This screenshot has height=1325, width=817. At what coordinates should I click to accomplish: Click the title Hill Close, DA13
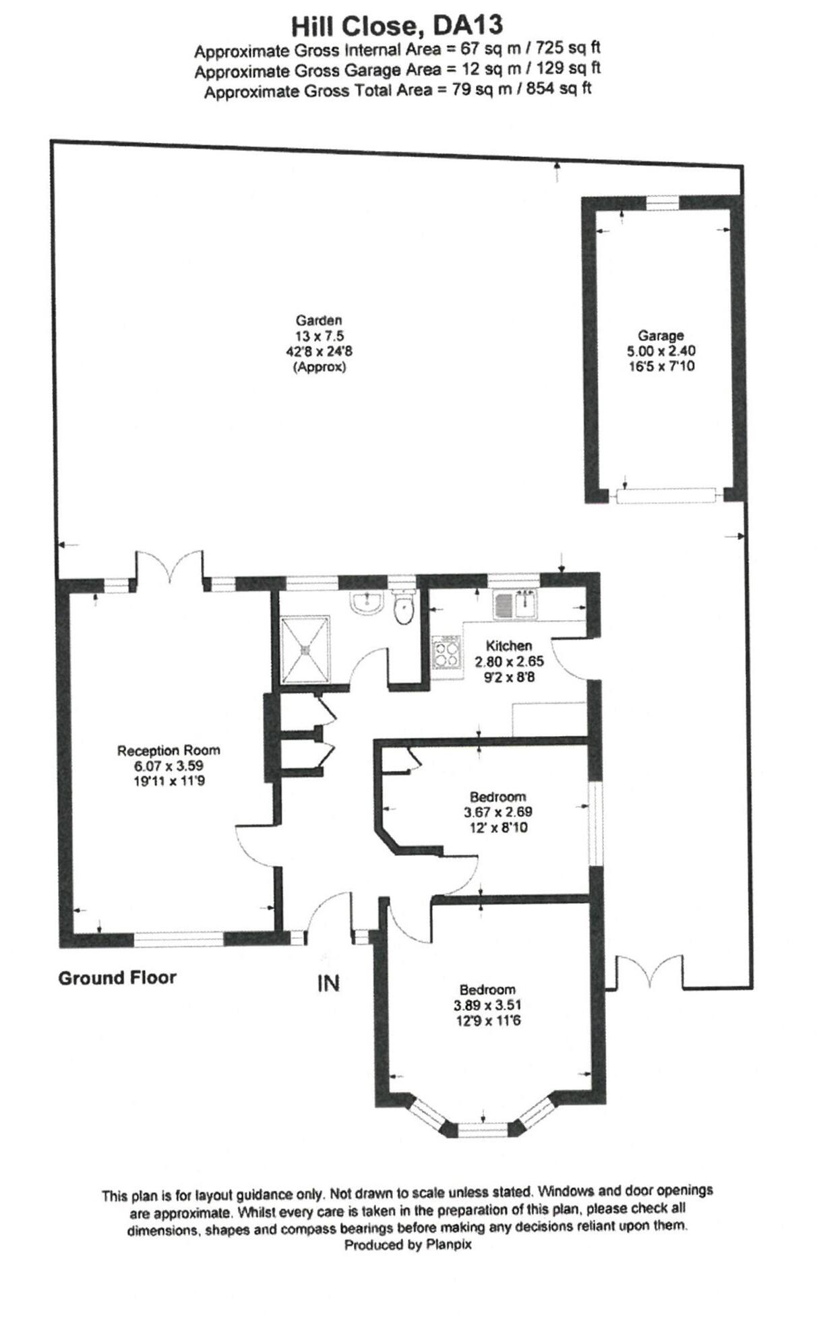click(396, 26)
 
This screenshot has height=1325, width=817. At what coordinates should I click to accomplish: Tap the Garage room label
click(660, 335)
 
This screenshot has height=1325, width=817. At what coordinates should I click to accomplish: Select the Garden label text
click(318, 320)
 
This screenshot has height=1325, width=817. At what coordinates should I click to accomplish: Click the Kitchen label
click(508, 646)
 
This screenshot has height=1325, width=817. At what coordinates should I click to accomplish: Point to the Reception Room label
click(168, 750)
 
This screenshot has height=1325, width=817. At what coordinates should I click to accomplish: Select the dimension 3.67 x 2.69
click(497, 812)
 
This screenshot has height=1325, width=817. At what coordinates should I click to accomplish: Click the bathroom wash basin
click(366, 602)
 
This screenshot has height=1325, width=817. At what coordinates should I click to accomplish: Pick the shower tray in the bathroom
click(305, 649)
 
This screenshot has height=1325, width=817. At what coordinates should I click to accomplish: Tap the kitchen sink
click(515, 604)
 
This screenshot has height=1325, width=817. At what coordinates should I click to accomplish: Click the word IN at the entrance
click(328, 984)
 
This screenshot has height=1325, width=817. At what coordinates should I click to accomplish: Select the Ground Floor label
click(117, 978)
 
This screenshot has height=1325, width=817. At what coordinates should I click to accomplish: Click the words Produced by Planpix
click(407, 1245)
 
